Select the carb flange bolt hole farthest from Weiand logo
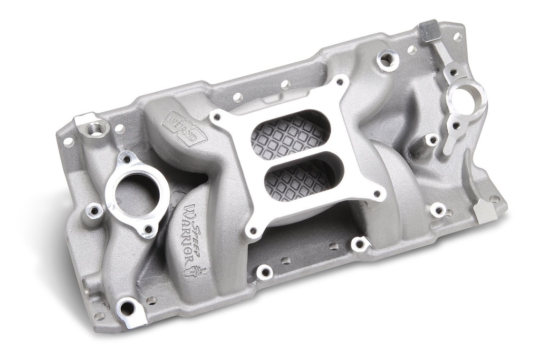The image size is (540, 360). point(377,194)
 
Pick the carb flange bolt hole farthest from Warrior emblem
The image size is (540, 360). point(339,82)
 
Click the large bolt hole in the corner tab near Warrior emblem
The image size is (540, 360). point(127,306)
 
